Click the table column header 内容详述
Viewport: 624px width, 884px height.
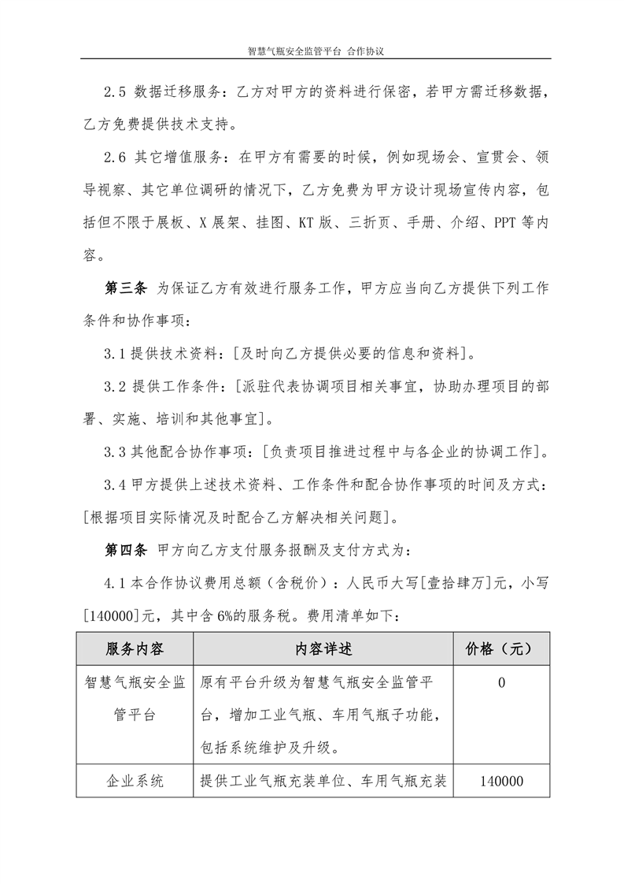[323, 649]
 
